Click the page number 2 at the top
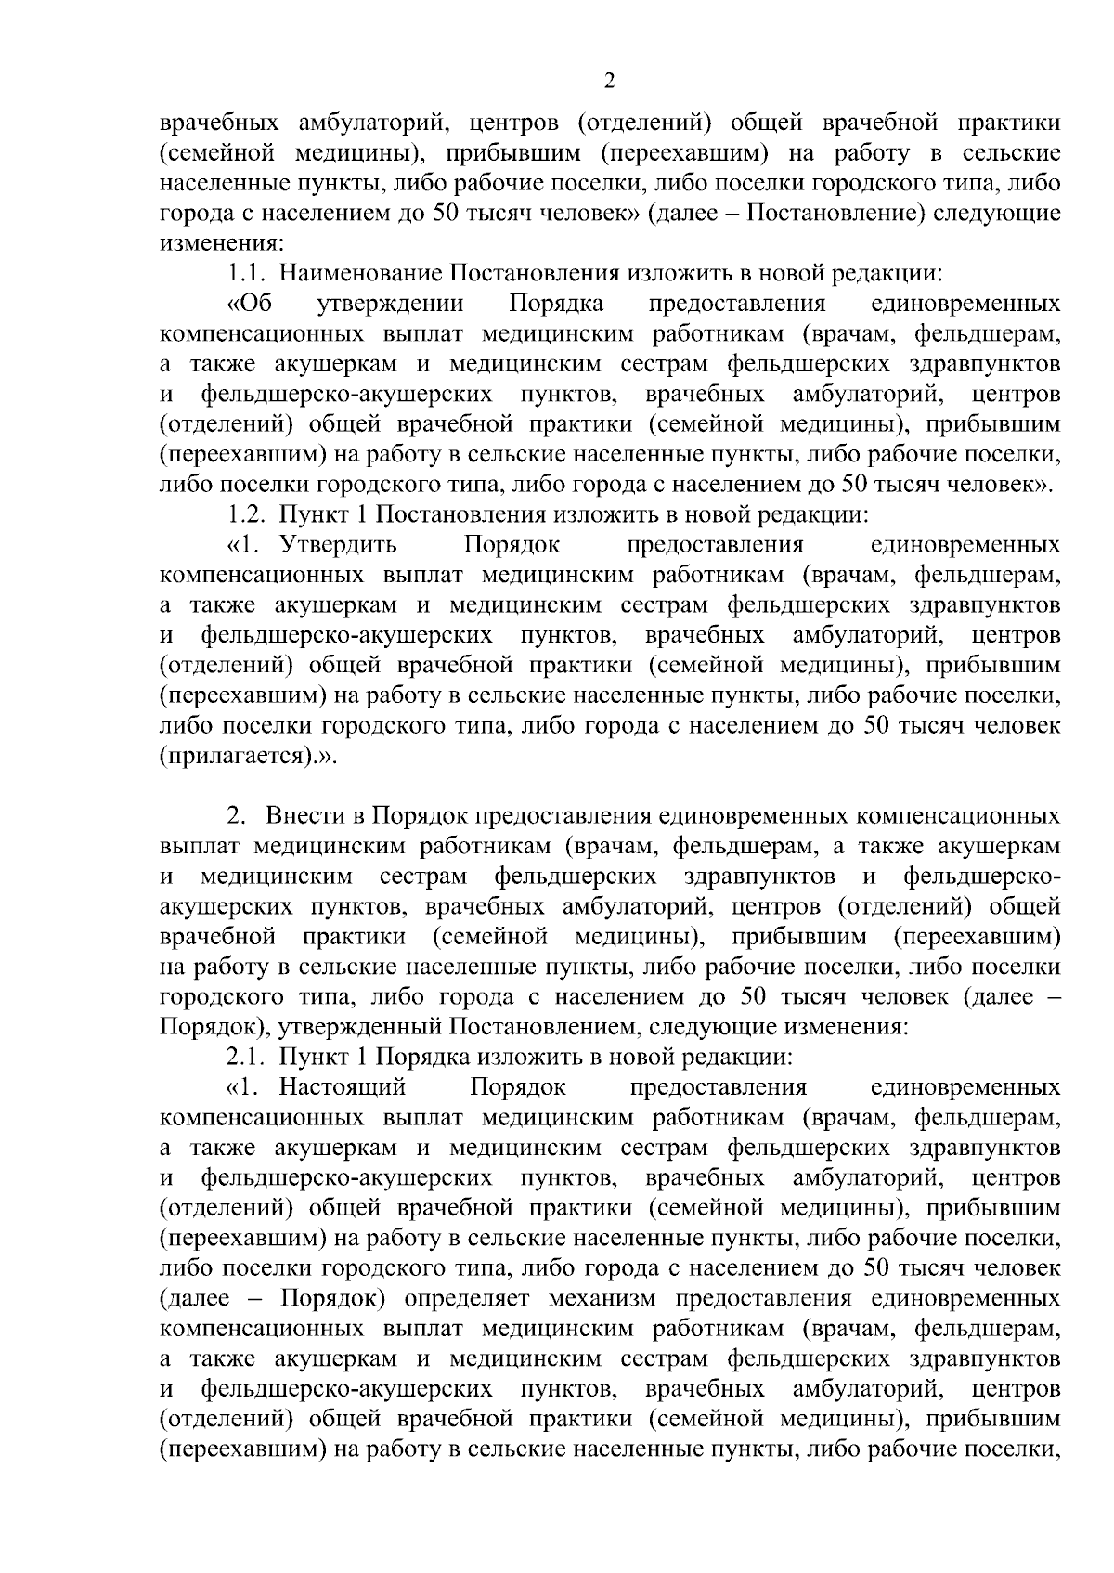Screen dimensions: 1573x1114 pyautogui.click(x=609, y=81)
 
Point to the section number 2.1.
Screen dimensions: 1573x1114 pyautogui.click(x=246, y=1057)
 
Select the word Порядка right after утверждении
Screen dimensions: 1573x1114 pyautogui.click(x=556, y=304)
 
